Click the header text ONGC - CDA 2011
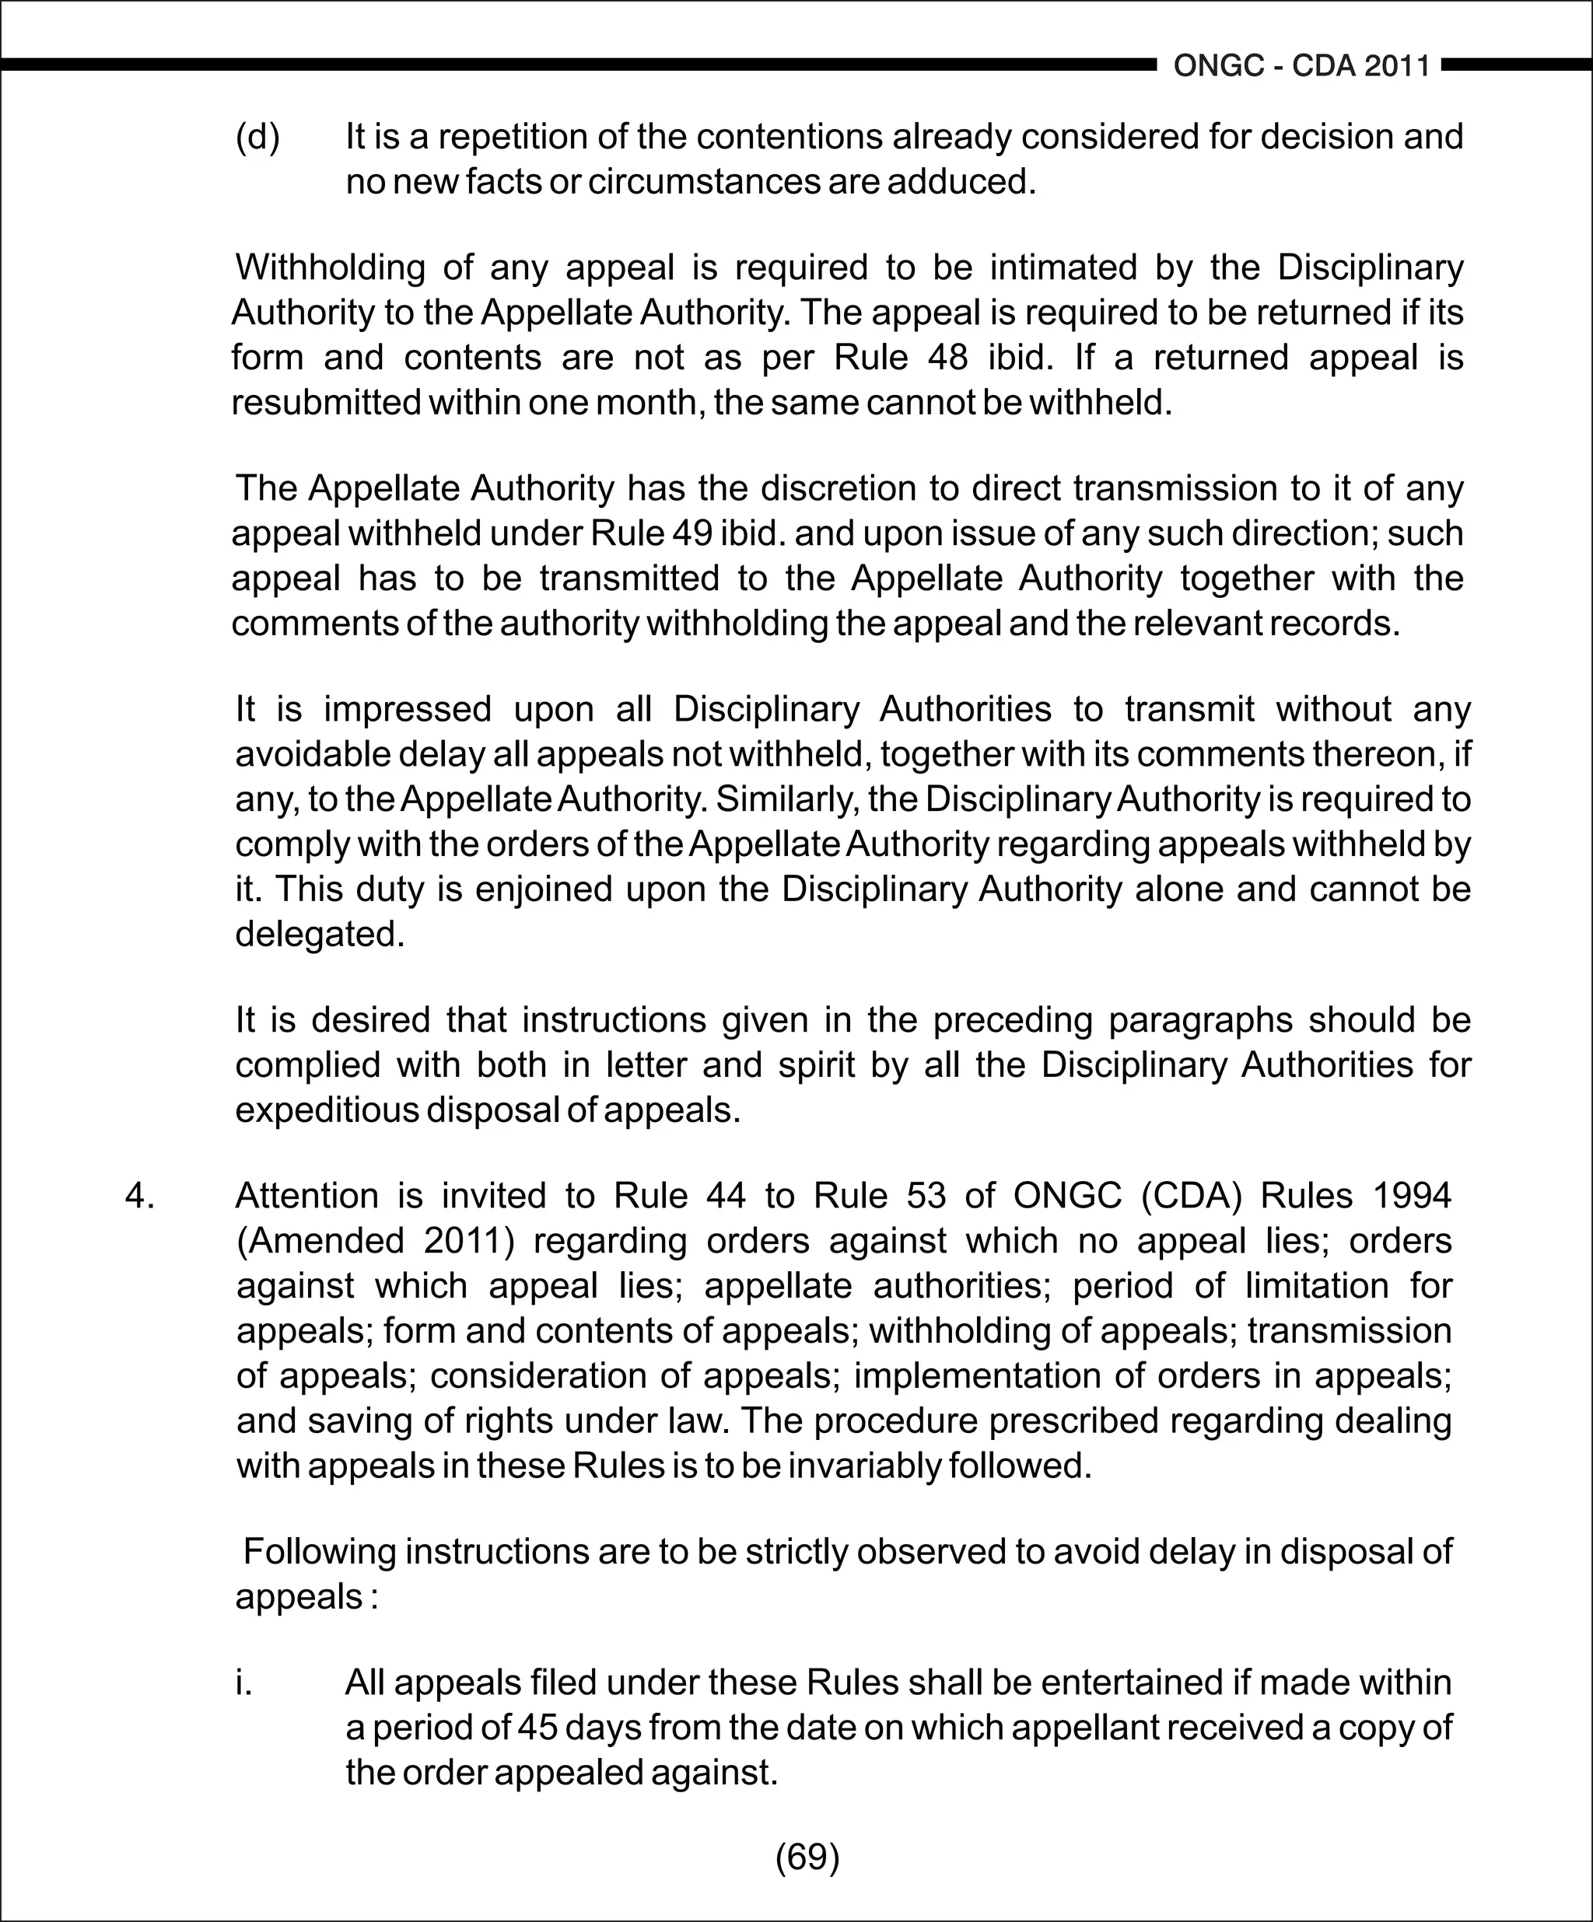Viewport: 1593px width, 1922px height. tap(1301, 66)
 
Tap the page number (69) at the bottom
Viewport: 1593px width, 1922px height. tap(807, 1856)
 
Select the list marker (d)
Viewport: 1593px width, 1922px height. tap(258, 138)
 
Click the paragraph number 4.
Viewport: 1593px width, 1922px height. tap(139, 1195)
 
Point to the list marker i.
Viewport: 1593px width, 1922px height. tap(243, 1683)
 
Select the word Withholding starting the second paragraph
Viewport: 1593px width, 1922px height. tap(330, 267)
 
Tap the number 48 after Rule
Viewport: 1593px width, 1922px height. tap(947, 357)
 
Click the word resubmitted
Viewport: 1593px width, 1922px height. tap(326, 402)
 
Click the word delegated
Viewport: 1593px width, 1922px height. tap(319, 934)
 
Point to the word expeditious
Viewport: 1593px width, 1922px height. tap(326, 1110)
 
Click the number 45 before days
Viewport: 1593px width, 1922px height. tap(537, 1728)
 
